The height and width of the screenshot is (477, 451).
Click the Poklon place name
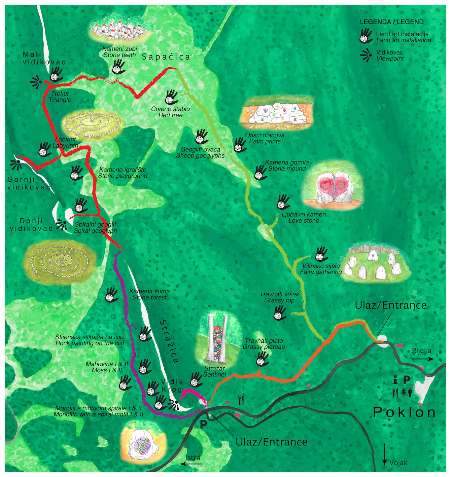click(404, 412)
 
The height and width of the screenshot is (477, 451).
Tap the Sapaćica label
click(166, 57)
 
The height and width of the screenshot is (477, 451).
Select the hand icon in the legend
click(366, 36)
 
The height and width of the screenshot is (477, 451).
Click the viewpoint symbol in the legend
click(366, 55)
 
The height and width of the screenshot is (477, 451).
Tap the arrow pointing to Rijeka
click(423, 359)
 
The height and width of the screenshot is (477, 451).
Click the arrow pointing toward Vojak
click(385, 454)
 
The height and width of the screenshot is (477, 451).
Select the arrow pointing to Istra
click(192, 464)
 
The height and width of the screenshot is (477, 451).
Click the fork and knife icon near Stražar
click(241, 400)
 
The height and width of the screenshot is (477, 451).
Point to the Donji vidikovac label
click(31, 225)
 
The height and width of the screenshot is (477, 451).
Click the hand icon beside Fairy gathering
click(321, 254)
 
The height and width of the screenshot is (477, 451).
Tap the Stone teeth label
click(119, 52)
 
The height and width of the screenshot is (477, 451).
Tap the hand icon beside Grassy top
click(279, 313)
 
